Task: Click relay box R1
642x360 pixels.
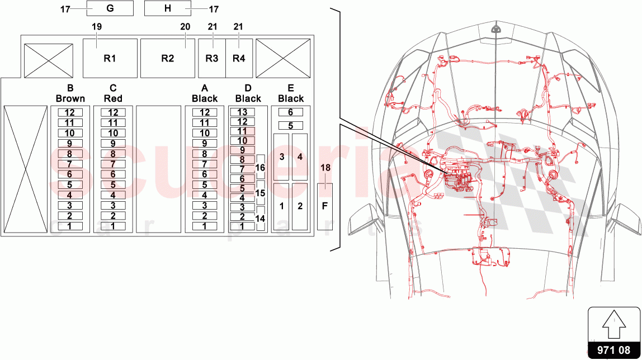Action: [x=110, y=58]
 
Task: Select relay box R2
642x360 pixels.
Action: [x=167, y=58]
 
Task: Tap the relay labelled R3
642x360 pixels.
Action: [x=211, y=58]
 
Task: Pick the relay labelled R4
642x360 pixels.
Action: [x=239, y=58]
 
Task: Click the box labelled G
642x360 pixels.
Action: [x=110, y=8]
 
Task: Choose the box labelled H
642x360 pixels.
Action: [x=168, y=8]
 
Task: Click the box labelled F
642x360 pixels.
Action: [x=325, y=206]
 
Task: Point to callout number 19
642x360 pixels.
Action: [x=97, y=26]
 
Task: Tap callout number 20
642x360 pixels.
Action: [x=185, y=26]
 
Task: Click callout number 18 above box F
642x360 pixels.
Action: [x=325, y=167]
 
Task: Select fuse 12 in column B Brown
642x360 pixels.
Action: [x=70, y=112]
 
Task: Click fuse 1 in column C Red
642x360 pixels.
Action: [x=113, y=226]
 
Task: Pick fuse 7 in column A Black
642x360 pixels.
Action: [x=205, y=164]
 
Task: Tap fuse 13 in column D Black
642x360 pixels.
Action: [x=242, y=112]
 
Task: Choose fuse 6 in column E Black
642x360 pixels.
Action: [x=290, y=112]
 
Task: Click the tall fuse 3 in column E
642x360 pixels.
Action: [x=281, y=157]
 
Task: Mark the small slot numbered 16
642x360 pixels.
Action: [x=260, y=167]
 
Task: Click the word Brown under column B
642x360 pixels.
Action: [x=70, y=98]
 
